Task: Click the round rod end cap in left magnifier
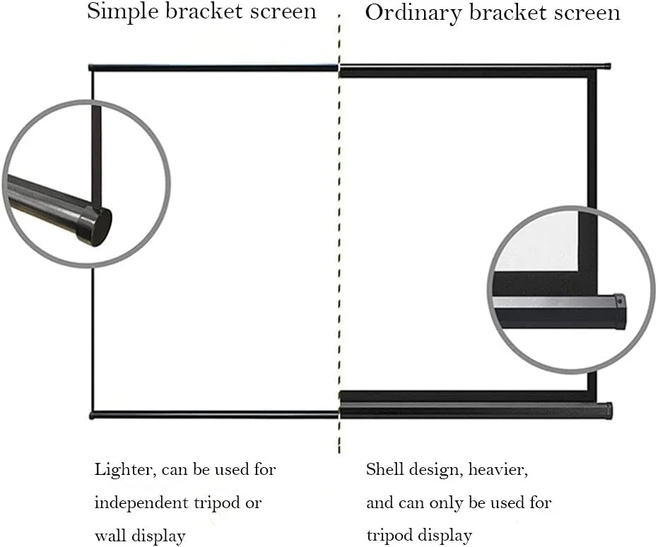[x=96, y=225]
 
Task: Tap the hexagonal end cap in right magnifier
[x=619, y=311]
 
